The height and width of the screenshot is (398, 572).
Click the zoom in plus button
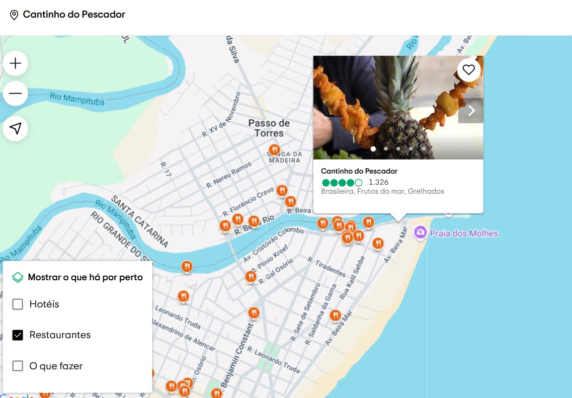click(x=16, y=63)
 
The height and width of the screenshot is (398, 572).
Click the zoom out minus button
click(x=16, y=94)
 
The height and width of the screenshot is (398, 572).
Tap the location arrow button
click(x=16, y=129)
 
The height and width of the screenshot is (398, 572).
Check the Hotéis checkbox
click(x=18, y=304)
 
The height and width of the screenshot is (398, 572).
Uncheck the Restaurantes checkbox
click(x=18, y=335)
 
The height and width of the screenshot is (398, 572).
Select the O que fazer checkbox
click(x=18, y=366)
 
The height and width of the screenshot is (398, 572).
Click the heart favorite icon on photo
click(x=469, y=70)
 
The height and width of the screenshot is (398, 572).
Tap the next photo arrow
click(x=471, y=111)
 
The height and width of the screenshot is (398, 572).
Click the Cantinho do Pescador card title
click(x=359, y=171)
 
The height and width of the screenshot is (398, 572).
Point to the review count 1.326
click(x=378, y=182)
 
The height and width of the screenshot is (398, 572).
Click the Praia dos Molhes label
click(x=463, y=233)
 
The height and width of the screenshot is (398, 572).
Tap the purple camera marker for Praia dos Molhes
click(x=420, y=232)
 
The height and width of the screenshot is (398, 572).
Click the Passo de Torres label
click(x=269, y=128)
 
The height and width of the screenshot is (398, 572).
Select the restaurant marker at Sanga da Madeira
click(x=274, y=150)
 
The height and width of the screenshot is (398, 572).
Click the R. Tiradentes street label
click(x=326, y=267)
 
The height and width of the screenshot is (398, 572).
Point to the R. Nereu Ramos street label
click(x=228, y=176)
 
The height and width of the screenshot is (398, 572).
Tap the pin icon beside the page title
click(x=14, y=15)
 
